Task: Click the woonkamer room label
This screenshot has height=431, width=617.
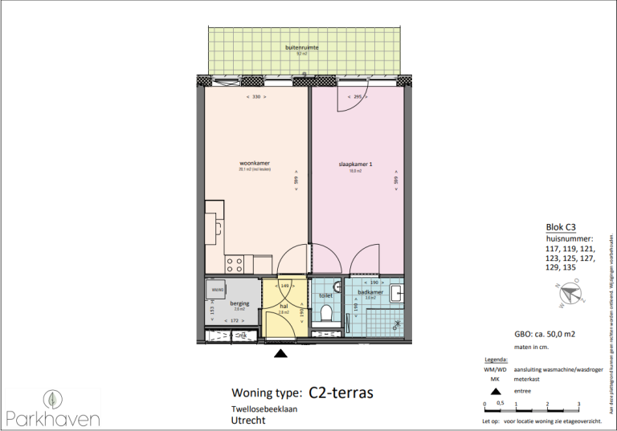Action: click(x=254, y=163)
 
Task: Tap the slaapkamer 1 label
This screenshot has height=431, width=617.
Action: click(x=355, y=165)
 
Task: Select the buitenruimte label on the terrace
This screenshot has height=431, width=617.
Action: click(x=302, y=48)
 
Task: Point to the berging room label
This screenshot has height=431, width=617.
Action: click(x=239, y=303)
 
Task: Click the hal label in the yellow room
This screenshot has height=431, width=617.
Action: click(x=284, y=306)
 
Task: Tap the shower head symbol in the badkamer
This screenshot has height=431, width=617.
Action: click(x=397, y=324)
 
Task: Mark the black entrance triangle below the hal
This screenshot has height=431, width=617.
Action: click(x=281, y=352)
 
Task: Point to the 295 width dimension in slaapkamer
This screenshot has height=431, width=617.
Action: click(x=358, y=96)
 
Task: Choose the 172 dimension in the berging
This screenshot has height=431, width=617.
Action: click(x=235, y=321)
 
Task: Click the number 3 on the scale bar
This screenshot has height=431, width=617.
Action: click(x=578, y=404)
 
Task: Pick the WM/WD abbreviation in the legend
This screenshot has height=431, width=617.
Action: click(x=495, y=368)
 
